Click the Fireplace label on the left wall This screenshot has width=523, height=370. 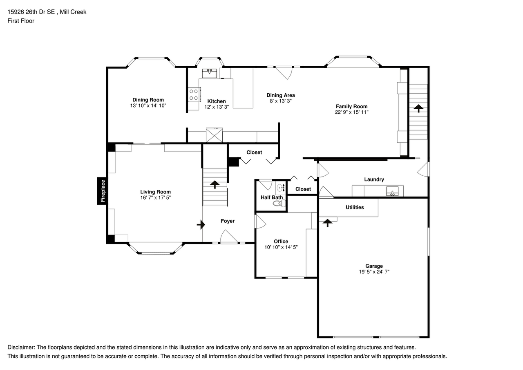click(x=103, y=191)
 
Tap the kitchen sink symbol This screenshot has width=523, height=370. click(x=210, y=73)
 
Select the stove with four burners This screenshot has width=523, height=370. click(x=194, y=95)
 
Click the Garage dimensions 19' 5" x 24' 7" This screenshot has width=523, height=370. click(x=374, y=271)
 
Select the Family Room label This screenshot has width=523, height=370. click(x=351, y=106)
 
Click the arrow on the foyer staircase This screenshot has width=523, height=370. click(x=215, y=184)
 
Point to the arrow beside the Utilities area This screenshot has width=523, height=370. click(x=328, y=223)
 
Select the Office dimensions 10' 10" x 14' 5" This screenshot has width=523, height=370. click(x=281, y=247)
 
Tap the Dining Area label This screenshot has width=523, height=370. click(x=281, y=95)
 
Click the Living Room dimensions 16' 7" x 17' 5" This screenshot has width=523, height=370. click(x=155, y=197)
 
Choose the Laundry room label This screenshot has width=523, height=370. click(x=374, y=179)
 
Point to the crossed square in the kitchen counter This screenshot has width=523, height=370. click(x=215, y=135)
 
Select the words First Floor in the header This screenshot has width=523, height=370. click(x=21, y=21)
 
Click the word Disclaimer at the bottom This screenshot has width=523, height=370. click(x=21, y=347)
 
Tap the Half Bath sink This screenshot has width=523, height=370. click(x=281, y=188)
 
